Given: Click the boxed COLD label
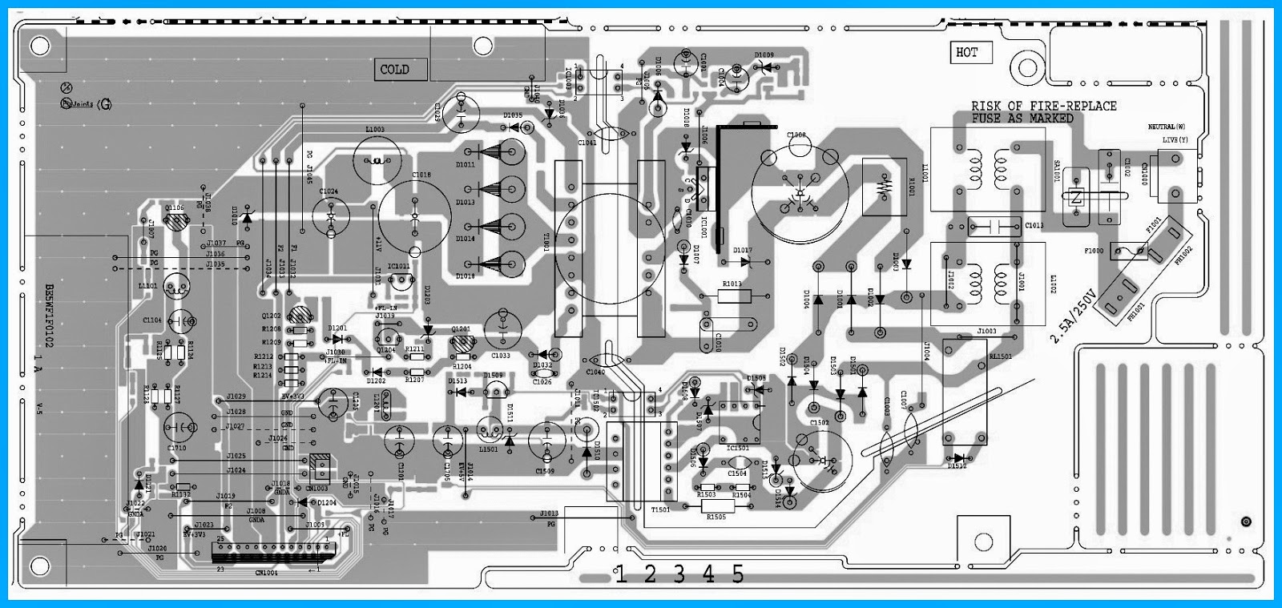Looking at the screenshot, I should pos(394,70).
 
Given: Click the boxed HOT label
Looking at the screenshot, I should pos(967,53).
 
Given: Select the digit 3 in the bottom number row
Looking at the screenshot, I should pos(679,574).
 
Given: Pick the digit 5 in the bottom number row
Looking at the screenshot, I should pos(737,574).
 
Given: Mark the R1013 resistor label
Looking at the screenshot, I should pos(732,284).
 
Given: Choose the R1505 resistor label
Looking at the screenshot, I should pos(716,517).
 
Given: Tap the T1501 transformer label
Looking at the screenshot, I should pos(661,509).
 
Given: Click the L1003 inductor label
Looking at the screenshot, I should pos(374,130).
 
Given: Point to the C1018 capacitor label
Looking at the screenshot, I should pos(421,175).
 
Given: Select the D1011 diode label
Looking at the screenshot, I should pos(466,165).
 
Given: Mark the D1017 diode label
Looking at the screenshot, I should pos(742,252).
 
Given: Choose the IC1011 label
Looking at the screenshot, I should pos(398,266).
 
